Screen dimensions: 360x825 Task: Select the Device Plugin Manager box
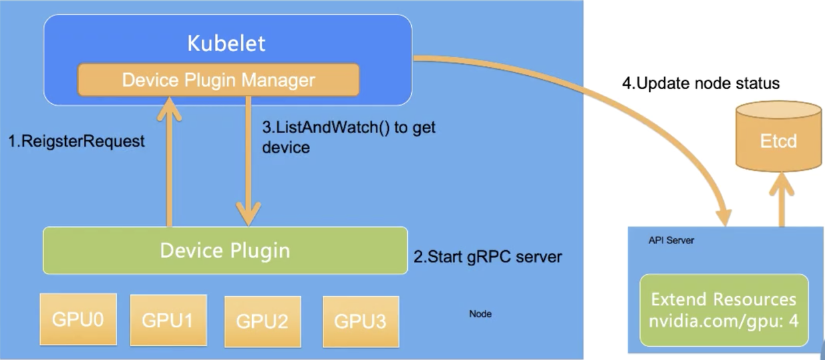(219, 80)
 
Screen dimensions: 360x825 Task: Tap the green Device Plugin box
(225, 250)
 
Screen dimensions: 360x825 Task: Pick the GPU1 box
(168, 319)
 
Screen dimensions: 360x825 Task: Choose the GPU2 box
(262, 321)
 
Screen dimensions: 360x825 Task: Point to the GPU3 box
(360, 321)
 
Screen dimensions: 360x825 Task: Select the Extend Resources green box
(724, 309)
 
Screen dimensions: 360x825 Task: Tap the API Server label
(671, 240)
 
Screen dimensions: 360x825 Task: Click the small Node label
(480, 313)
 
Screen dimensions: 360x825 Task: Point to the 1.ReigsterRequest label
(76, 142)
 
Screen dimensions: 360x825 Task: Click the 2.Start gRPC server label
(488, 256)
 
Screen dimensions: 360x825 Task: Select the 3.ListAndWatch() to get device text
(349, 136)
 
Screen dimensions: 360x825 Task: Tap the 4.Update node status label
(701, 84)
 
